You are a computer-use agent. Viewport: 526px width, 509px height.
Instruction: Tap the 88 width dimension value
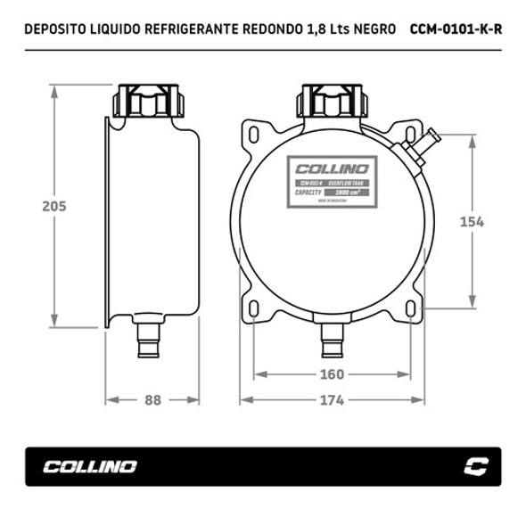point(152,400)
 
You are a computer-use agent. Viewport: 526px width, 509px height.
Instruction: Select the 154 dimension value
point(471,222)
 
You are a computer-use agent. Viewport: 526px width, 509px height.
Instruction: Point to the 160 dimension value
point(333,374)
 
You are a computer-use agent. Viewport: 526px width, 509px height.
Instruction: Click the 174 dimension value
point(333,400)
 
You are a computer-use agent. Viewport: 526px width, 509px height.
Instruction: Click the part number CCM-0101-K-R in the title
point(456,28)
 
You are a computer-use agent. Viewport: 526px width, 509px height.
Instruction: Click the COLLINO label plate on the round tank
point(332,182)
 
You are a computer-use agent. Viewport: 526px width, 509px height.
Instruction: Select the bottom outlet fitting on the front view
point(333,338)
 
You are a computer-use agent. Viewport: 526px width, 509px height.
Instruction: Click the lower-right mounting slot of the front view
point(411,308)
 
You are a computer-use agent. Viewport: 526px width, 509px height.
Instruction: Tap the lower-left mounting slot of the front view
point(254,308)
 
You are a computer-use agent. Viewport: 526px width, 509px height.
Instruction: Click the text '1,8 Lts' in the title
point(323,28)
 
